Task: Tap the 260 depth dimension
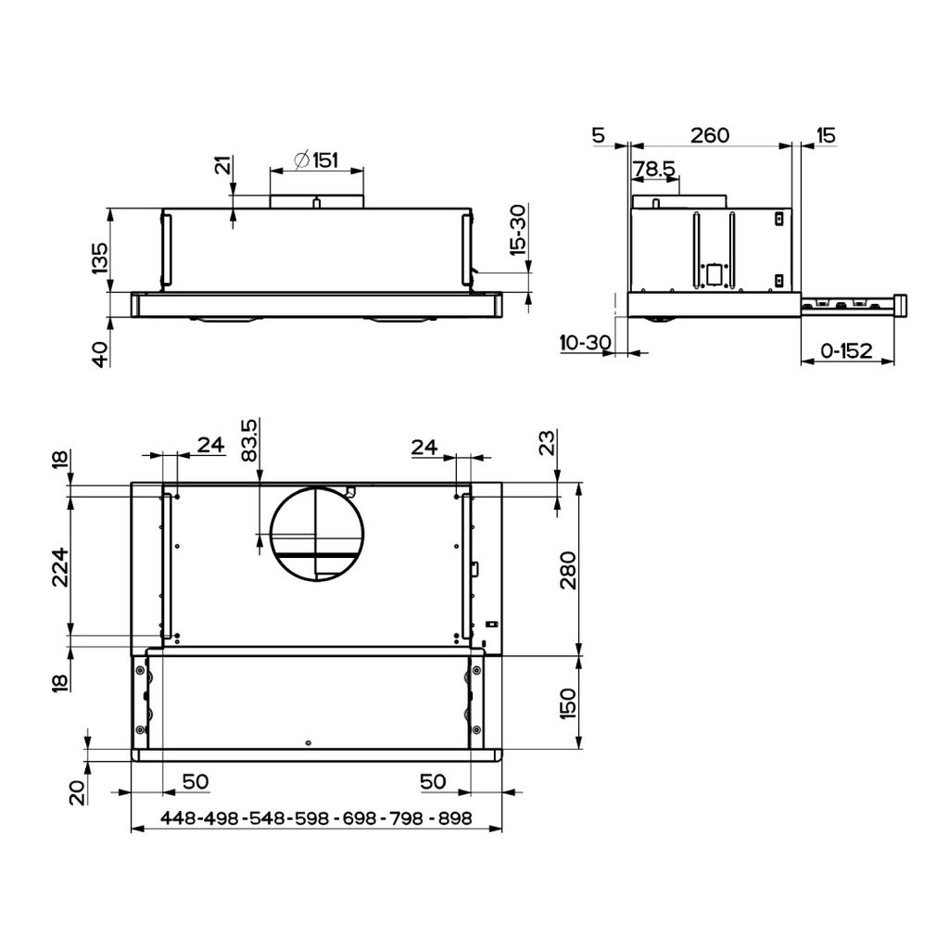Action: click(x=710, y=135)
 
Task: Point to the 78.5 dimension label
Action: click(x=654, y=170)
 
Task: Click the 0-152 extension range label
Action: click(x=847, y=350)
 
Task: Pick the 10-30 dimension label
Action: click(x=585, y=343)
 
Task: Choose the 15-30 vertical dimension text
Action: click(x=518, y=230)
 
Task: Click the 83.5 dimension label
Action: click(x=247, y=442)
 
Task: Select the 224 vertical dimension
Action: click(x=58, y=566)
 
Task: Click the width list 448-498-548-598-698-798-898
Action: click(x=316, y=819)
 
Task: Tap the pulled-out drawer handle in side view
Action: click(x=901, y=305)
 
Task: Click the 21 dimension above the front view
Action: click(x=222, y=167)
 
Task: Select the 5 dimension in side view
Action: click(x=598, y=135)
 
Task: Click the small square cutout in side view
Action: click(x=714, y=273)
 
